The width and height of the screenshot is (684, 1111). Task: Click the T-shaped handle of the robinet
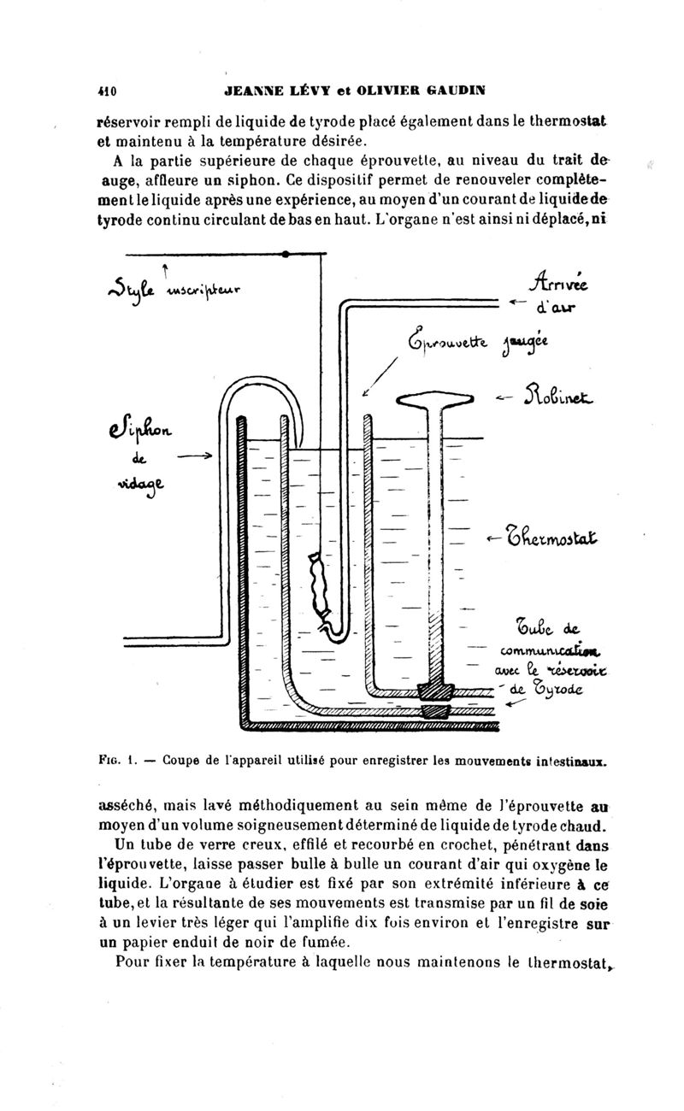pos(437,398)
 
